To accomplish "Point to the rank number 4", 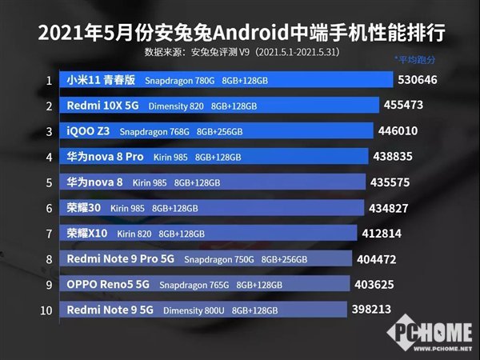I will click(49, 157).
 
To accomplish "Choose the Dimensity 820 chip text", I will click(174, 106).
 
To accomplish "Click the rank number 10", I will click(49, 310).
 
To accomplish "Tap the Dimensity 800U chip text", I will click(194, 310).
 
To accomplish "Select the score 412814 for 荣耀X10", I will click(384, 234).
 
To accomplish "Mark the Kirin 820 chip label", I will click(134, 234).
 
